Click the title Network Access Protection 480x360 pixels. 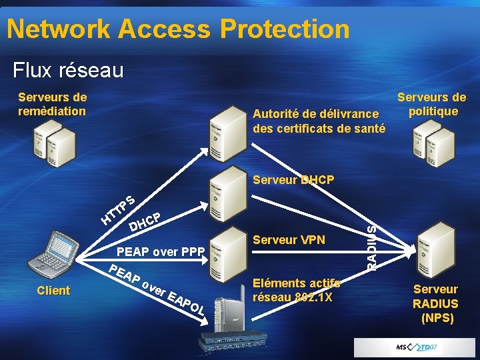[178, 29]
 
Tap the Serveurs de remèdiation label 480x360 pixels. [52, 104]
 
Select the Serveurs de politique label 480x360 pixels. [432, 104]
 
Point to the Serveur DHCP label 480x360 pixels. [293, 180]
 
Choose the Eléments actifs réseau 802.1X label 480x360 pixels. [297, 290]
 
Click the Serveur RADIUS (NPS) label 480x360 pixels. [435, 303]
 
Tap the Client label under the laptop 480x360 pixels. [53, 291]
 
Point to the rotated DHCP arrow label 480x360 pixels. [146, 223]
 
